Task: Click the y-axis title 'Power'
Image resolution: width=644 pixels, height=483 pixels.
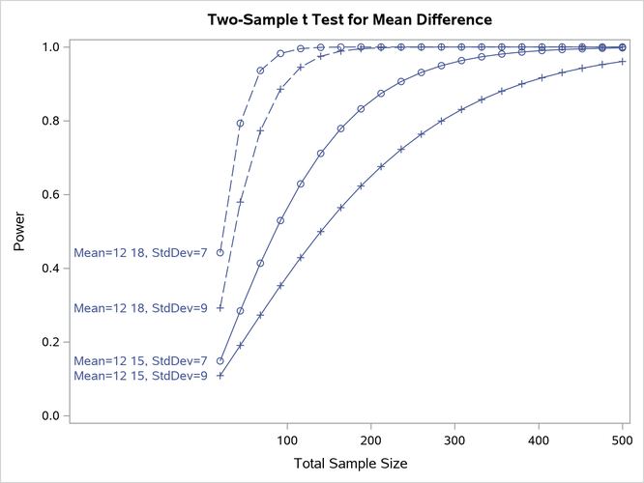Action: coord(20,232)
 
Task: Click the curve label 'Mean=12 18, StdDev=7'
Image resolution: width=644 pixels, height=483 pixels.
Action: coord(140,253)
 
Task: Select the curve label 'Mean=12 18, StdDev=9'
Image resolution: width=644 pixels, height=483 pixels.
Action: coord(140,308)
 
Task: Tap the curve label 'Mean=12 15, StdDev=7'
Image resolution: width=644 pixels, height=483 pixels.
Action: coord(140,361)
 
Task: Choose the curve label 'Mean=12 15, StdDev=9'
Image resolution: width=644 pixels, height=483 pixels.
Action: coord(140,376)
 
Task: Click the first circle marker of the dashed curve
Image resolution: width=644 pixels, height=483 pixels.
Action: coord(220,253)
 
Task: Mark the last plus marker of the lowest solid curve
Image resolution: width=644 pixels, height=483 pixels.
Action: coord(622,61)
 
